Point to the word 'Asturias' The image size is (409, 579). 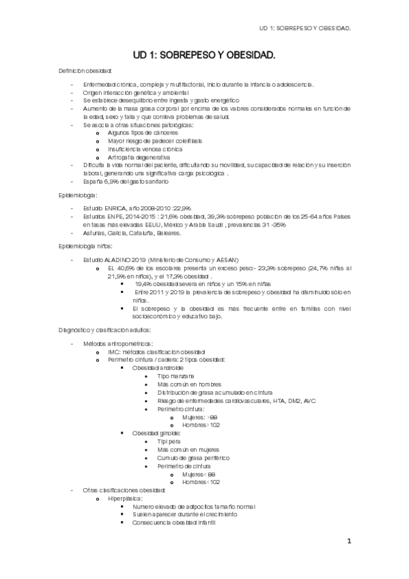pyautogui.click(x=94, y=233)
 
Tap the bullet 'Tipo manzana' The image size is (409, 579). pyautogui.click(x=175, y=376)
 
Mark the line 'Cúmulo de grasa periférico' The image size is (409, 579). pyautogui.click(x=193, y=457)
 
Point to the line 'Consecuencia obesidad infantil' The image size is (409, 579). pyautogui.click(x=174, y=522)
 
